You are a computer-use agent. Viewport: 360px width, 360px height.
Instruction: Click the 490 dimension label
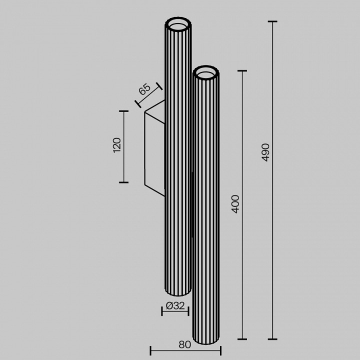pos(265,152)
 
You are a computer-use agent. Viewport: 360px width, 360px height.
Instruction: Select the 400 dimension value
pos(235,204)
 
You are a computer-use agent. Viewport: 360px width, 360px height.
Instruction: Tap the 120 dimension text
pos(116,145)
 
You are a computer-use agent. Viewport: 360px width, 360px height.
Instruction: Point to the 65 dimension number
pos(144,89)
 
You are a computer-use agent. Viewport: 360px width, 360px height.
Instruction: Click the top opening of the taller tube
pos(178,23)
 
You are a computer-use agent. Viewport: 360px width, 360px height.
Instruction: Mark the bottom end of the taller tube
pos(178,293)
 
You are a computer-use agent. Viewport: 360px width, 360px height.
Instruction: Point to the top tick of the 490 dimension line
pos(272,22)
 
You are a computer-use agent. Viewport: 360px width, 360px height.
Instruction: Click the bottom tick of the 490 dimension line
pos(272,339)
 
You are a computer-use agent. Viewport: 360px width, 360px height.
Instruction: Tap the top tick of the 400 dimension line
pos(242,71)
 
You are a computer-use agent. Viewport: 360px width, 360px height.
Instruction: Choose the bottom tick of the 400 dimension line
pos(242,339)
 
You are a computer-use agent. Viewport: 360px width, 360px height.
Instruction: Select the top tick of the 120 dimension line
pos(123,111)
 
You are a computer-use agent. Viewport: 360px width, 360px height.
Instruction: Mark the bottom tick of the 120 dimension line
pos(123,182)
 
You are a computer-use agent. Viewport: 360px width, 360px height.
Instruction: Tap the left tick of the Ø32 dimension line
pos(162,311)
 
